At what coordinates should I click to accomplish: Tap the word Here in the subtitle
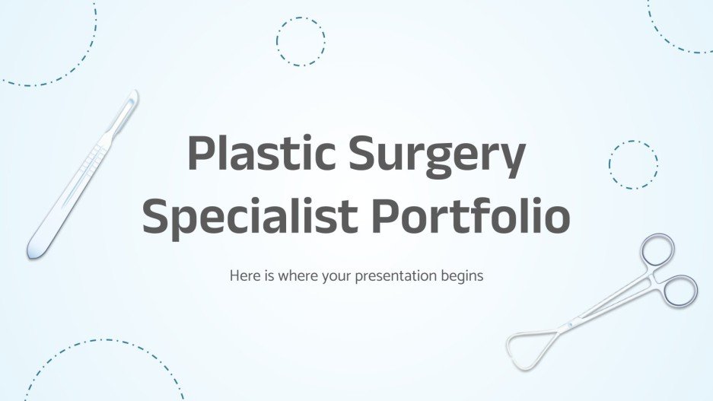point(243,275)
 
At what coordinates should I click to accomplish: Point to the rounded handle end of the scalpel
point(33,247)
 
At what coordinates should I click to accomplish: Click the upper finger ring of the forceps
point(657,250)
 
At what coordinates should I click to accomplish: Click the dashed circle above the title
point(300,40)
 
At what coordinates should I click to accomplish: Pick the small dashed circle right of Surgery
point(633,164)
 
